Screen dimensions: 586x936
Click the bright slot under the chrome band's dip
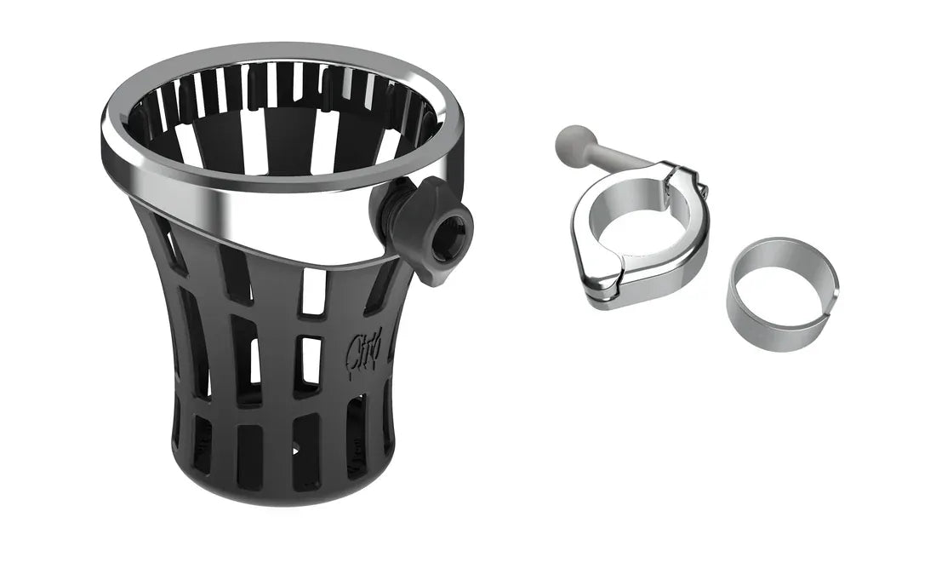point(314,294)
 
